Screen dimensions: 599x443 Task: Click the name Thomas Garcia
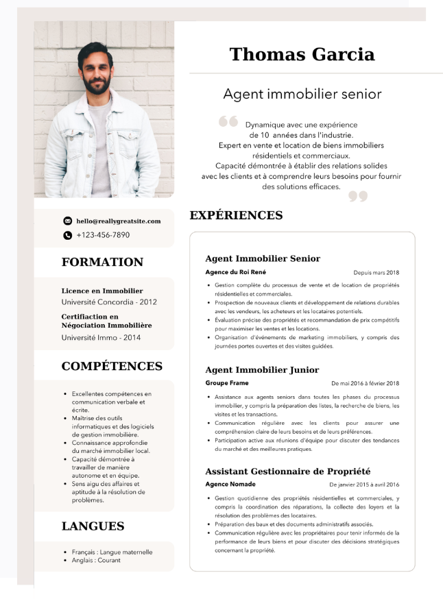point(302,54)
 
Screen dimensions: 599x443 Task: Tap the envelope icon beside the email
point(67,221)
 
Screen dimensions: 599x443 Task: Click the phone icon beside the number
point(67,235)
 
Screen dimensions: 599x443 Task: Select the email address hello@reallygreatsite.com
point(119,221)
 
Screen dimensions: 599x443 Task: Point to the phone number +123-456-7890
point(103,235)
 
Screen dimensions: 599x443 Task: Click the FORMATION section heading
point(102,262)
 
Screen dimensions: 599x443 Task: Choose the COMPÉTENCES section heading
point(112,366)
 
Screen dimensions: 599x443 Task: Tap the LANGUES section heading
point(93,526)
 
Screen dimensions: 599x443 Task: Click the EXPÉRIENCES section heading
point(236,215)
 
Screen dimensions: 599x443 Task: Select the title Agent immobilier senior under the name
point(302,94)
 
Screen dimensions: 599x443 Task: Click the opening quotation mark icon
point(228,122)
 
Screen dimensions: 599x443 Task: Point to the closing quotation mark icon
point(358,197)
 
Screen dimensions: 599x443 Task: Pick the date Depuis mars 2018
point(376,273)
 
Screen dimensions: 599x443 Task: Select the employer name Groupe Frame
point(227,383)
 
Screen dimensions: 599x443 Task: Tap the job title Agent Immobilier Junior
point(262,370)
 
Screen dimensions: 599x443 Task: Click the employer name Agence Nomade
point(230,484)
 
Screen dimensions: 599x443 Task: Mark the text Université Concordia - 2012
point(109,302)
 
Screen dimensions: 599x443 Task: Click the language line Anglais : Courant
point(96,560)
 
